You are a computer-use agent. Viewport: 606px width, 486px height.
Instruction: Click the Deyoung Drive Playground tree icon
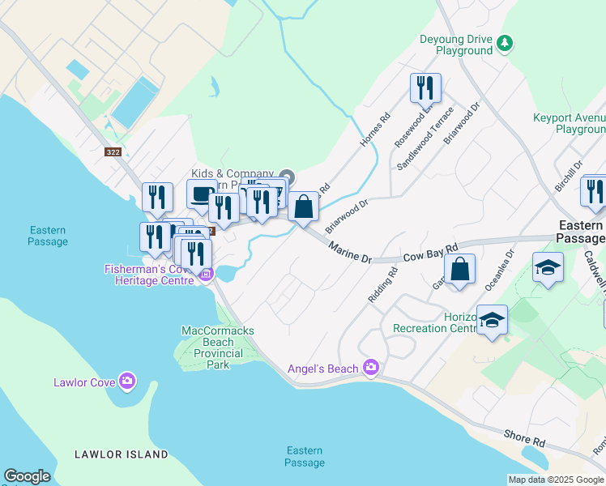(x=506, y=43)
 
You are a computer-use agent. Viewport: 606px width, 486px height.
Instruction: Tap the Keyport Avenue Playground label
(x=569, y=123)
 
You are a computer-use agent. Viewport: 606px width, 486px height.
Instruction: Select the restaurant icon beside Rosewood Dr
(x=425, y=87)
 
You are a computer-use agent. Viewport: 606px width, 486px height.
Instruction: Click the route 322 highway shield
(x=113, y=151)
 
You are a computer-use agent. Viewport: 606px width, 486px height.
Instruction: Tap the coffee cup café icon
(x=201, y=194)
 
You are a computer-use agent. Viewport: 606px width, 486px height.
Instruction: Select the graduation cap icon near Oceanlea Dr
(x=548, y=267)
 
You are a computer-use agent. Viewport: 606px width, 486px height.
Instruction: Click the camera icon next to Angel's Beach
(x=371, y=369)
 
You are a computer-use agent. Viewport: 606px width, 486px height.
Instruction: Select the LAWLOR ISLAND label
(x=121, y=454)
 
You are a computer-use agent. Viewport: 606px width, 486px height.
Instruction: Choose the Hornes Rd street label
(x=374, y=130)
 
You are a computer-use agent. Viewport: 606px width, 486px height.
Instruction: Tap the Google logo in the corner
(x=27, y=476)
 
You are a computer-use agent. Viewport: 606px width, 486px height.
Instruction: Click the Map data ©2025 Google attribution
(x=556, y=480)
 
